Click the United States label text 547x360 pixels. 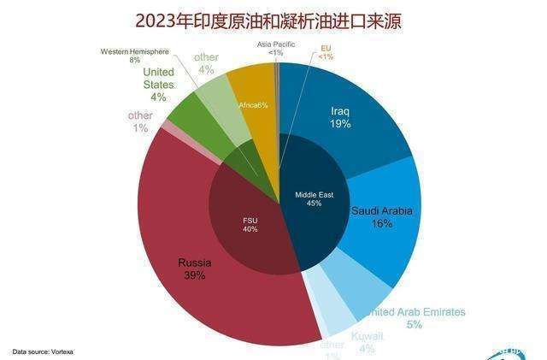click(158, 78)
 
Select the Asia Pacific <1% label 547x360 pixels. click(275, 48)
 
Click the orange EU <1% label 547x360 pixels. click(326, 52)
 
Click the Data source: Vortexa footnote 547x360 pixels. click(41, 351)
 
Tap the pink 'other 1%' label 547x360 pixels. click(139, 121)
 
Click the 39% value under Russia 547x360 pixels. click(194, 275)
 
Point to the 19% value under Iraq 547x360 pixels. click(341, 124)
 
